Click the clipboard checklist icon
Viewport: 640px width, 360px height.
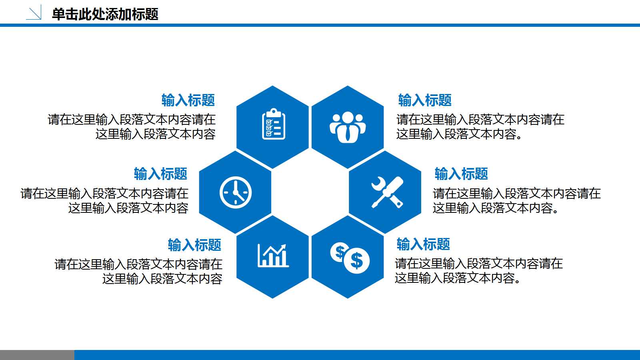tap(273, 124)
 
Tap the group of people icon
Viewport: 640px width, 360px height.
tap(348, 127)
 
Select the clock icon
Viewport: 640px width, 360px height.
tap(236, 192)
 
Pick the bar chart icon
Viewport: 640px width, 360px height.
tap(273, 256)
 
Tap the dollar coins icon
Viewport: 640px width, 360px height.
tap(350, 258)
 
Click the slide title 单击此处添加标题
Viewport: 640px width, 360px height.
tap(105, 14)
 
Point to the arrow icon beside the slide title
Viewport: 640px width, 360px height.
tap(34, 13)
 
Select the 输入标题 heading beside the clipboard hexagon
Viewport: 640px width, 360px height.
tap(188, 100)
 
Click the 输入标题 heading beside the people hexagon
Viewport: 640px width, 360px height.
tap(425, 100)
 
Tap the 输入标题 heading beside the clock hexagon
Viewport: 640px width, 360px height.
tap(160, 174)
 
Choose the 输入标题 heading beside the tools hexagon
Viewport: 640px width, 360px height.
tap(461, 174)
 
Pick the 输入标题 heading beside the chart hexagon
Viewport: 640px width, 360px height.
tap(194, 245)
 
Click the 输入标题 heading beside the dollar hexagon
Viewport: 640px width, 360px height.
tap(423, 244)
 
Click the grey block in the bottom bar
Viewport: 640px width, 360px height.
tap(37, 355)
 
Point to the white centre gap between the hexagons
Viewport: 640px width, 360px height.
tap(310, 192)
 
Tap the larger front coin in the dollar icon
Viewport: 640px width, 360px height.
tap(356, 261)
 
